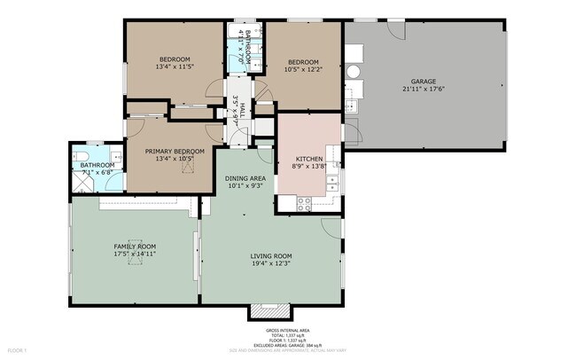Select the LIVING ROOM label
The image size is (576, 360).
click(270, 256)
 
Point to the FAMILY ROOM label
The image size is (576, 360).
click(134, 246)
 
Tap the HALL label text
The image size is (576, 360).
click(242, 111)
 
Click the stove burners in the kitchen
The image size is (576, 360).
click(304, 202)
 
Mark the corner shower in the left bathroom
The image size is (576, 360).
click(82, 183)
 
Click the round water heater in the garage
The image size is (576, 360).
click(353, 72)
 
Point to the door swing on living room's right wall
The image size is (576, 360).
click(331, 227)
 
